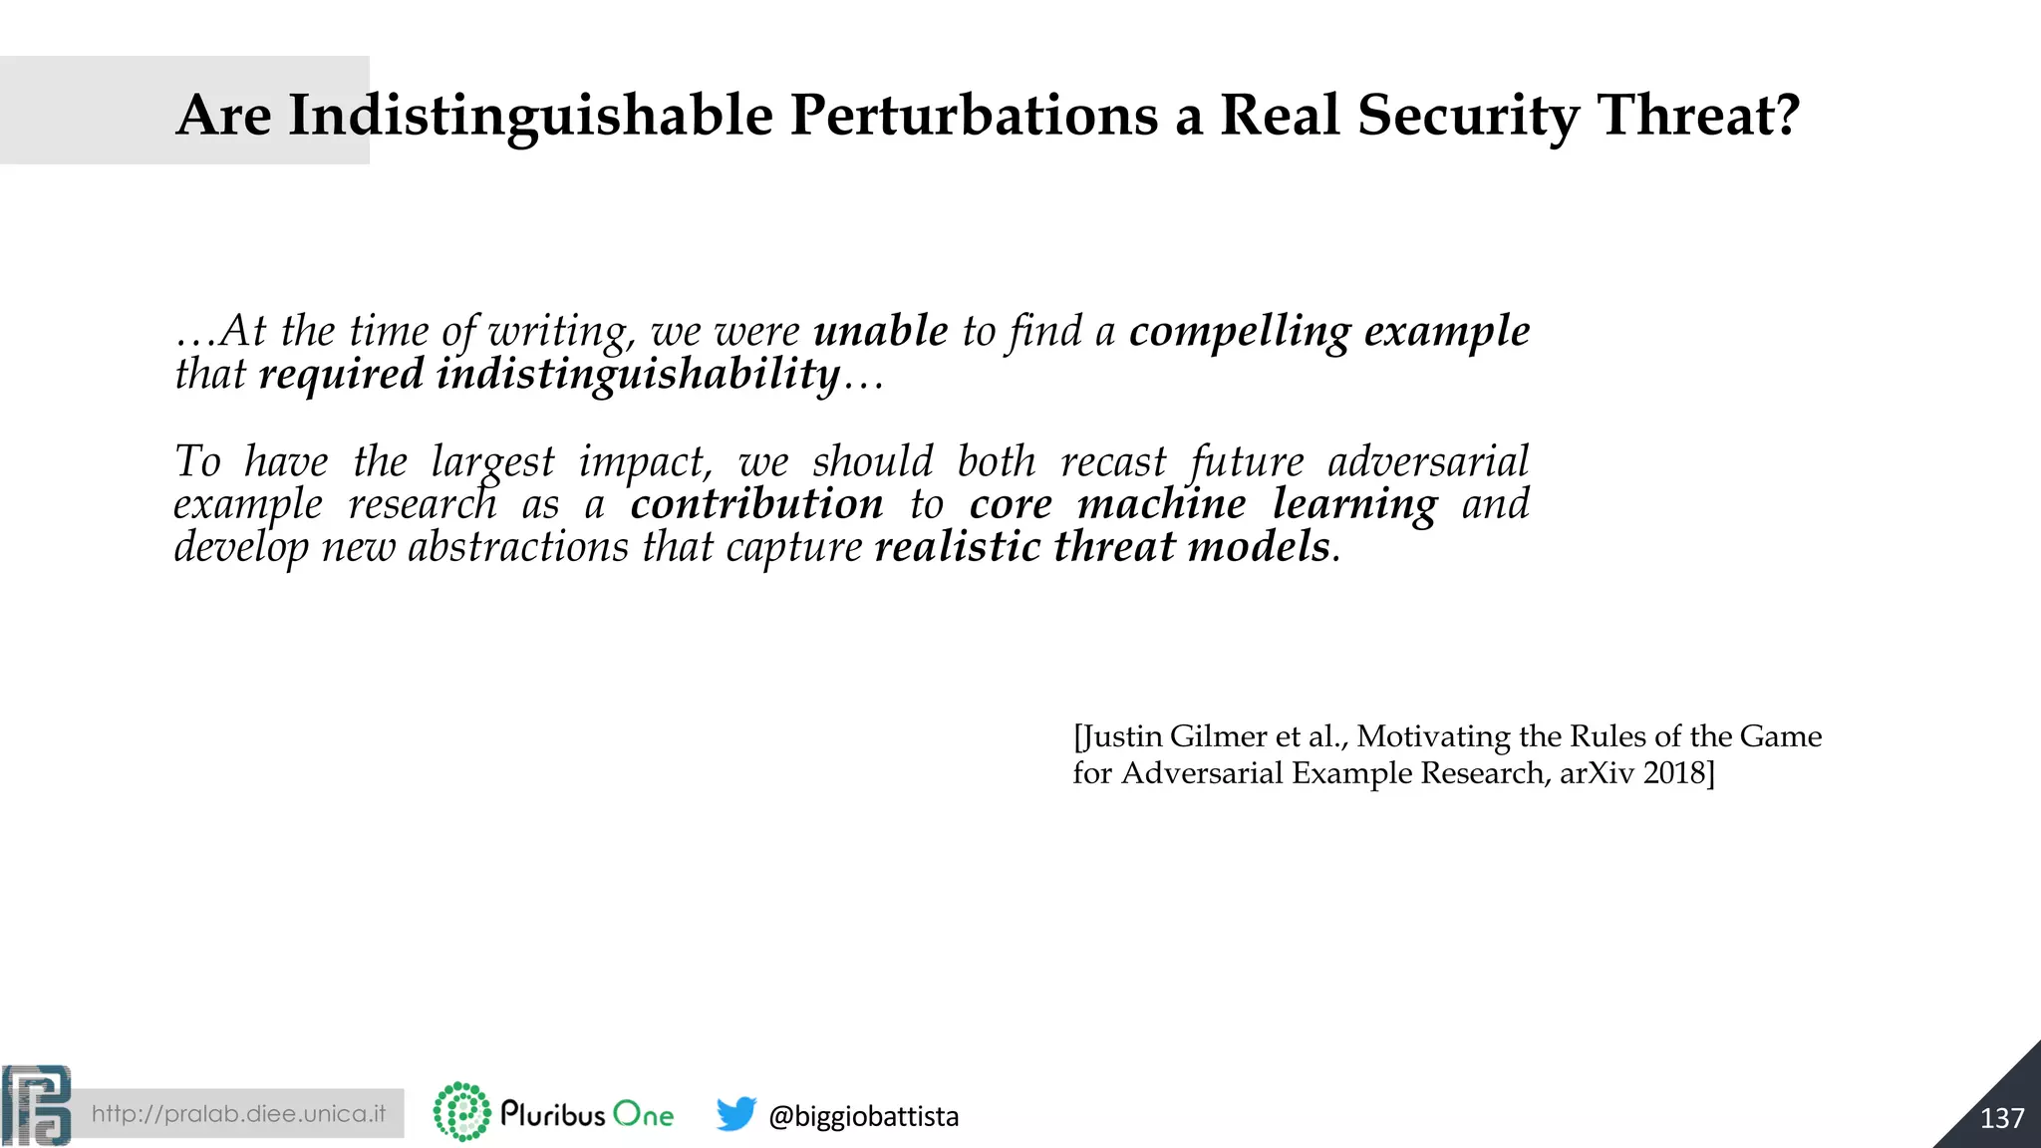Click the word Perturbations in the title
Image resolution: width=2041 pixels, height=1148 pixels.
pos(974,115)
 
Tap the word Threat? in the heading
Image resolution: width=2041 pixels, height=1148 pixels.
pos(1698,115)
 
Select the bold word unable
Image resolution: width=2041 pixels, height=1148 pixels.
pos(881,331)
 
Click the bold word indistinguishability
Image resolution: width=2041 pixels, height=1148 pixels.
pos(638,375)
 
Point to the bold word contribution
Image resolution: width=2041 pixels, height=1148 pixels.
pos(756,504)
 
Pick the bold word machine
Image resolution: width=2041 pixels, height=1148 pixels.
pos(1161,504)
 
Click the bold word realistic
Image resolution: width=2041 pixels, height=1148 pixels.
pos(957,547)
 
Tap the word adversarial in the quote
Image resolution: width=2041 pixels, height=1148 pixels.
pos(1427,461)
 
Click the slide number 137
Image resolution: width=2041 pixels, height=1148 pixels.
pos(2001,1118)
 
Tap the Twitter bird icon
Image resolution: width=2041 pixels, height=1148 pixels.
pos(736,1113)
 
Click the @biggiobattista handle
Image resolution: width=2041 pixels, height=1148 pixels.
pos(863,1116)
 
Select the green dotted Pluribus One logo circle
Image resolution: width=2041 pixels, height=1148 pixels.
pos(462,1112)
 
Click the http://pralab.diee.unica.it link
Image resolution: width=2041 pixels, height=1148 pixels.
pos(238,1113)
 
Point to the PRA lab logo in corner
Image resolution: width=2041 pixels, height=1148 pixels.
pos(37,1106)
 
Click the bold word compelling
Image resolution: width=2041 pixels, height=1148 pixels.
pos(1240,331)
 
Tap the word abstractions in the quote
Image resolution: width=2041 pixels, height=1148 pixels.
pos(518,547)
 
